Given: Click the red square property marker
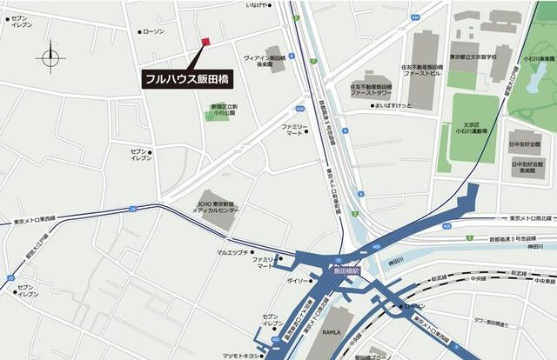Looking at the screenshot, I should point(206,42).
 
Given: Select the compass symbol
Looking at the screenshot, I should point(50,57).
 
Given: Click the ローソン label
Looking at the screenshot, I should point(152,32).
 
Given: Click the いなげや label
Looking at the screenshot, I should point(257,5).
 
